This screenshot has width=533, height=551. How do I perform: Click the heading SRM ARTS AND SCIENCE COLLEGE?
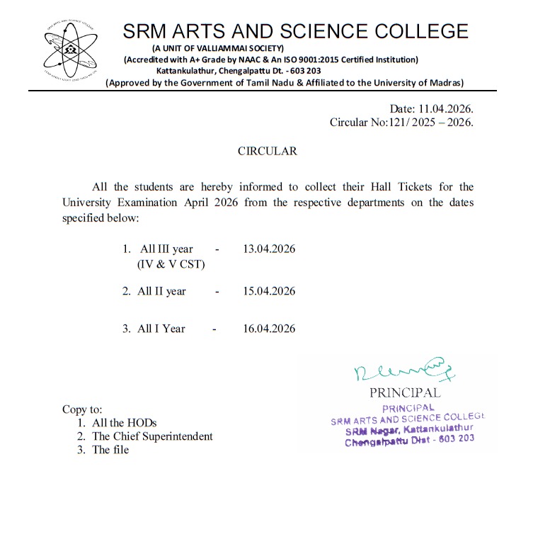coord(296,32)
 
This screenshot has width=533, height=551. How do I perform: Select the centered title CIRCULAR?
coord(267,151)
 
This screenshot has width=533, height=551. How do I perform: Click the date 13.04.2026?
coord(269,249)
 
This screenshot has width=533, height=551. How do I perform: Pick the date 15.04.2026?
coord(269,291)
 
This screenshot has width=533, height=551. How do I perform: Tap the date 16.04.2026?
coord(269,329)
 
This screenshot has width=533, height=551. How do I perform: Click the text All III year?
coord(166,249)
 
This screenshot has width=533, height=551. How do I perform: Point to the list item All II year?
coord(162,291)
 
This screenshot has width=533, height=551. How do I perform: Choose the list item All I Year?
coord(161,329)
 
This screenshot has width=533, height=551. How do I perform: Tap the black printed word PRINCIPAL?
coord(405,392)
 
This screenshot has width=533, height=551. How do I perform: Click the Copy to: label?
coord(83,409)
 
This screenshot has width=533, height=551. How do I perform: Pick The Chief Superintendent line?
coord(152,436)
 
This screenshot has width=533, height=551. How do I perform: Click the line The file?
coord(110,450)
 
